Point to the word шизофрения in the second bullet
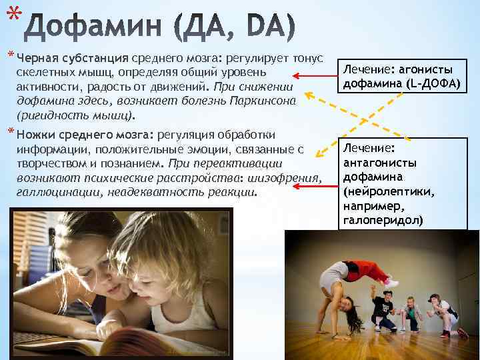click(x=288, y=178)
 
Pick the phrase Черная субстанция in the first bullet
click(x=73, y=57)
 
